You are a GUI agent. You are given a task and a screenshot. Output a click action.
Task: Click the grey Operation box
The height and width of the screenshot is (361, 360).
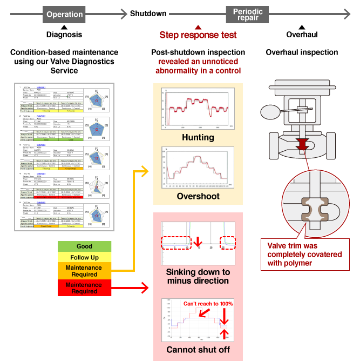coord(64,15)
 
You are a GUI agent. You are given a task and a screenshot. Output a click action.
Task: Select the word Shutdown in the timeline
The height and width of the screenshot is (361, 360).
coord(148,14)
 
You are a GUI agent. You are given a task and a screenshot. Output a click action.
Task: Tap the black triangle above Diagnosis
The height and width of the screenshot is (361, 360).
coord(64,26)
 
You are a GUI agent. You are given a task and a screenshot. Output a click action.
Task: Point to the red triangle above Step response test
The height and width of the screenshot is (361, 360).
coord(198,27)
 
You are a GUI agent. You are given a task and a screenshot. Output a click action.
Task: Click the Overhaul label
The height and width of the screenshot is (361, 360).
coord(302,35)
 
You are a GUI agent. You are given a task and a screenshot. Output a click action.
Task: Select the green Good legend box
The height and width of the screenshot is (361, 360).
coord(84,246)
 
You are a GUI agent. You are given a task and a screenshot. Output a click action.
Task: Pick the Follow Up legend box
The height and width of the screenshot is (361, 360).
coord(84,257)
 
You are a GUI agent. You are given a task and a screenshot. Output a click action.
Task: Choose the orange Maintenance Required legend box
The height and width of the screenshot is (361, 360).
coord(84,271)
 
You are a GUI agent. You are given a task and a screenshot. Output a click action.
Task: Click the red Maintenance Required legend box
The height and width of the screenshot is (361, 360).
coord(84,288)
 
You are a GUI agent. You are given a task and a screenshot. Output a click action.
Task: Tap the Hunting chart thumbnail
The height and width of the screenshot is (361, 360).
coord(198,108)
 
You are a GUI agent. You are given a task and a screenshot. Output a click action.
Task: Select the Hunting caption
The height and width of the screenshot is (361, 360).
coord(198,138)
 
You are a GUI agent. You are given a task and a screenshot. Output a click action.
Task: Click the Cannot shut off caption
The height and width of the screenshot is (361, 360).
coord(198,350)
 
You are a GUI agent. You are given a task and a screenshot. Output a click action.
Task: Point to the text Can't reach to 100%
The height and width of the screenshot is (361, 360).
coord(208,304)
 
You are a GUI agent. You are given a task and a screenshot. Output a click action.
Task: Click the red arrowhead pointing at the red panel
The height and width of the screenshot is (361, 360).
coord(145,288)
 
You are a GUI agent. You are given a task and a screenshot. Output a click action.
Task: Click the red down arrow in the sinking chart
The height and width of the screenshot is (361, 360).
coord(198,242)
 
